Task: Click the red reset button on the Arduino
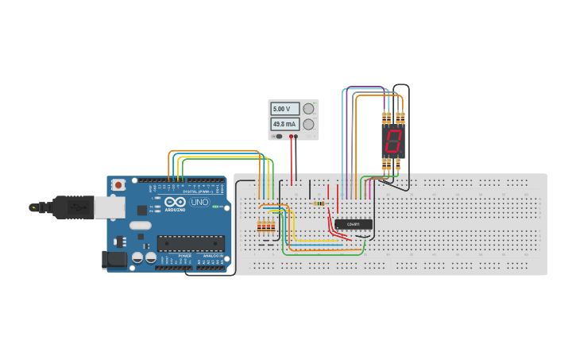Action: tap(118, 184)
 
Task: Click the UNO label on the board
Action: tap(199, 203)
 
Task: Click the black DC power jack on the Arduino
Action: tap(114, 259)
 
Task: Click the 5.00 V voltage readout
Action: tap(284, 109)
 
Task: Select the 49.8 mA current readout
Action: tap(284, 124)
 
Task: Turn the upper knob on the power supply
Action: tap(308, 109)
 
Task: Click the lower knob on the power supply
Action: tap(308, 124)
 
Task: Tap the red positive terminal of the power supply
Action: tap(296, 137)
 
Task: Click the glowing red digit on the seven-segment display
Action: tap(392, 141)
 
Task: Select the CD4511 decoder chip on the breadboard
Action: tap(353, 225)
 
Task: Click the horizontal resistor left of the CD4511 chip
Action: tap(319, 203)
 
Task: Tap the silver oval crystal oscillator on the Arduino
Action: tap(140, 226)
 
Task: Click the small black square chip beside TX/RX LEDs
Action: tap(141, 211)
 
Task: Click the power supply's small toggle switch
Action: tap(279, 137)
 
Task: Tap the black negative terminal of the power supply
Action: tap(291, 137)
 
